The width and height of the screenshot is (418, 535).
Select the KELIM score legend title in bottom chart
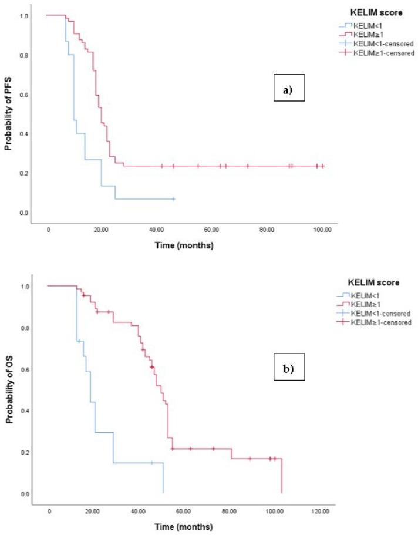(x=371, y=282)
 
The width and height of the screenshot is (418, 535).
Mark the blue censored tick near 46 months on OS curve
(x=151, y=463)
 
